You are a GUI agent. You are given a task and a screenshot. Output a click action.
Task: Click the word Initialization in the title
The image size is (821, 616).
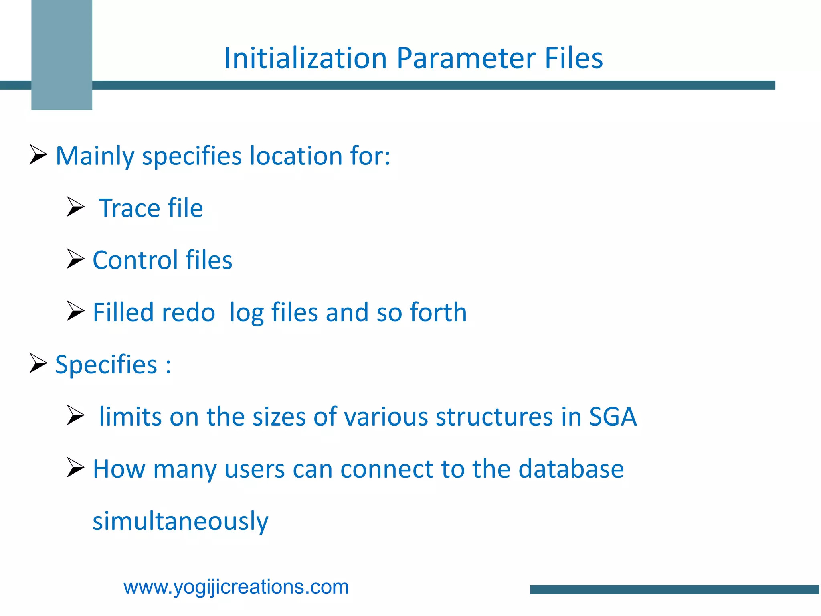tap(305, 59)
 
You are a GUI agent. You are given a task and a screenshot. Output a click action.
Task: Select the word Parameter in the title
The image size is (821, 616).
tap(466, 59)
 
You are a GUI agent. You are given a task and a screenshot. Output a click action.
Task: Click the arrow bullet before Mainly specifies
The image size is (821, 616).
tap(38, 155)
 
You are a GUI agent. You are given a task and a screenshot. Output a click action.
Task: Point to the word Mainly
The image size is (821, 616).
tap(95, 156)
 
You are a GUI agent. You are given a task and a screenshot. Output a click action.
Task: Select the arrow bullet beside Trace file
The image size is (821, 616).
tap(75, 207)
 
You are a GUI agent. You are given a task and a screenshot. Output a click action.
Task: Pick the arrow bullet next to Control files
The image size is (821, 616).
tap(75, 259)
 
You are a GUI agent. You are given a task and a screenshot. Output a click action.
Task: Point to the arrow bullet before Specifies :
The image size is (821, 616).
tap(38, 363)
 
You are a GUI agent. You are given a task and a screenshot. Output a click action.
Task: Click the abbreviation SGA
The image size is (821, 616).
tap(613, 417)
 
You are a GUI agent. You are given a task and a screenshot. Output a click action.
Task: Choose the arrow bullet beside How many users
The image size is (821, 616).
tap(75, 468)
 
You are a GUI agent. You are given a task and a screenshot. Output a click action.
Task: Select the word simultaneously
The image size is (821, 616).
tap(180, 521)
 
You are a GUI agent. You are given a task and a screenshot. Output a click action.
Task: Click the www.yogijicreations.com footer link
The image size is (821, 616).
tap(236, 587)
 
